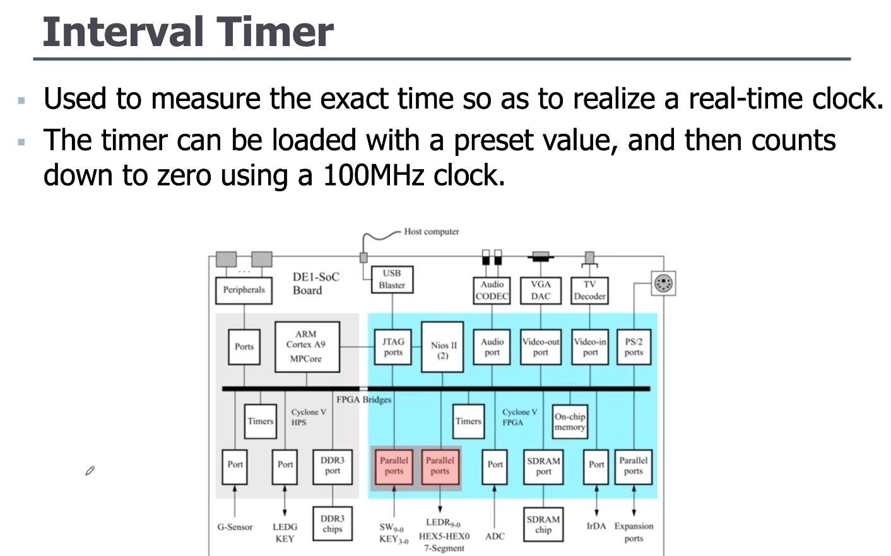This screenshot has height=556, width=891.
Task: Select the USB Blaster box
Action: click(392, 279)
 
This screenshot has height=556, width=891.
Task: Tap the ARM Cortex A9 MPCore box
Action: click(307, 346)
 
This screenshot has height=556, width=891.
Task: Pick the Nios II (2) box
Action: click(443, 346)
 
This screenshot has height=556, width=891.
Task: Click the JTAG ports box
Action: click(392, 346)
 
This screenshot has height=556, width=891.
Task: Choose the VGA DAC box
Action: click(541, 290)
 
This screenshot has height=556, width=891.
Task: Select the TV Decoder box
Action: click(589, 290)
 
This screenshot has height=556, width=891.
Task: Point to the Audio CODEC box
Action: click(492, 290)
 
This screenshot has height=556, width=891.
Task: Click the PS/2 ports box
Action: click(634, 346)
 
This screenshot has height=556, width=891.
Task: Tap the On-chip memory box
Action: click(570, 422)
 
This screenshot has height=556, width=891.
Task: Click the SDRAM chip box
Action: click(543, 524)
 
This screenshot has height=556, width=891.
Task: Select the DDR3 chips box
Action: click(333, 524)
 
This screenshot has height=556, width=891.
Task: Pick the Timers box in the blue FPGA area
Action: click(468, 422)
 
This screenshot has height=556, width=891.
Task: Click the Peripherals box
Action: click(244, 290)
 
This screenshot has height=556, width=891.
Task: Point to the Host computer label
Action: click(432, 232)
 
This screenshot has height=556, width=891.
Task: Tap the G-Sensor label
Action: click(235, 527)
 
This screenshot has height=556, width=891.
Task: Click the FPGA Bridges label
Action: click(363, 399)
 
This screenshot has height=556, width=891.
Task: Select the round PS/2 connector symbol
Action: click(663, 283)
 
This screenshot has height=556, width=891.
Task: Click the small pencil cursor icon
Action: click(90, 471)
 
